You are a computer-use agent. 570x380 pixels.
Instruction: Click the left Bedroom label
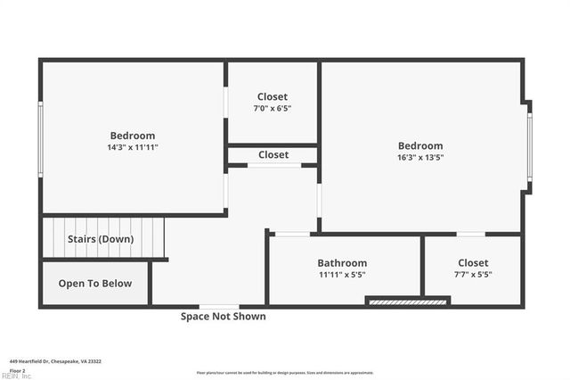[133, 136]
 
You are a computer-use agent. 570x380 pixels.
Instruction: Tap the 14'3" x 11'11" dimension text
[133, 147]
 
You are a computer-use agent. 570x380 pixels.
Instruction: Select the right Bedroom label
[420, 146]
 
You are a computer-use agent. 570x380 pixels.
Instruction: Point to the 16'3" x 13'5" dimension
[420, 158]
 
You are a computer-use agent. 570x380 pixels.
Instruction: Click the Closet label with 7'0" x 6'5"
[273, 96]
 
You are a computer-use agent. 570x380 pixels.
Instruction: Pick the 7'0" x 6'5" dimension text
[273, 109]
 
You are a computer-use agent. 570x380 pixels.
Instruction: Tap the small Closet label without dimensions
[273, 154]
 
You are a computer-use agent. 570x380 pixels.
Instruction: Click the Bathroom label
[342, 263]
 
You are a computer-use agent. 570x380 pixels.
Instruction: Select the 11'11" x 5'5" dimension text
[342, 275]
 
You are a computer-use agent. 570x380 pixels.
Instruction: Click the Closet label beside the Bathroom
[473, 263]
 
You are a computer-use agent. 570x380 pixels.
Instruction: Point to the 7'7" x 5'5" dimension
[473, 275]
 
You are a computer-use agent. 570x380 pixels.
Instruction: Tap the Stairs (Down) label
[101, 239]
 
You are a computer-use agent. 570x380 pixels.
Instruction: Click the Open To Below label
[95, 284]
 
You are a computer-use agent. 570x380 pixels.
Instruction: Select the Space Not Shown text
[223, 316]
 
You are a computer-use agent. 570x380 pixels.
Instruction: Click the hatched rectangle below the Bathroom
[408, 302]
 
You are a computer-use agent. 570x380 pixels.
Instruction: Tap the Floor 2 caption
[18, 370]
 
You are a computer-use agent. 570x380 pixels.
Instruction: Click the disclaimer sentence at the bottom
[285, 373]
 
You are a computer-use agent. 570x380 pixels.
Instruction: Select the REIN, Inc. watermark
[16, 376]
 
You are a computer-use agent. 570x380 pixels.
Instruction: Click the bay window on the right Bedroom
[529, 146]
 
